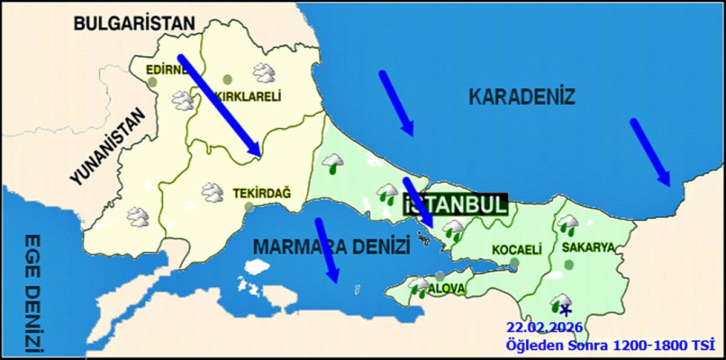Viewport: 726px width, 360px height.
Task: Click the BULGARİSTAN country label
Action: [x=134, y=24]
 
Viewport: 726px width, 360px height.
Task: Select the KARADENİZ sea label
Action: [x=522, y=96]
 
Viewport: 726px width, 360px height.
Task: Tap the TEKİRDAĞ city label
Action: [x=261, y=194]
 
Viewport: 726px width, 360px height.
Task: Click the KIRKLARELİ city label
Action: [x=249, y=96]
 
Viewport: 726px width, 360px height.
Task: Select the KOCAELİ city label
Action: [x=516, y=249]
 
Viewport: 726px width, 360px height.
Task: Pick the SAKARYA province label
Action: [x=588, y=247]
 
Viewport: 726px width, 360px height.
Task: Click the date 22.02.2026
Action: [x=544, y=327]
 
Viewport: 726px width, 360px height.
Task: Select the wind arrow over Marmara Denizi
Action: [x=327, y=250]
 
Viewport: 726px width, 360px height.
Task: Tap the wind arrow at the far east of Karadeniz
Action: [x=650, y=152]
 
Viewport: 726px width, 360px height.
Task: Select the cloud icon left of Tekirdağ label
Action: [x=212, y=192]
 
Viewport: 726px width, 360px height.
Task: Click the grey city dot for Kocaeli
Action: [x=514, y=263]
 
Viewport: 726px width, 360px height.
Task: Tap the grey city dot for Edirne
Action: [x=152, y=81]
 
